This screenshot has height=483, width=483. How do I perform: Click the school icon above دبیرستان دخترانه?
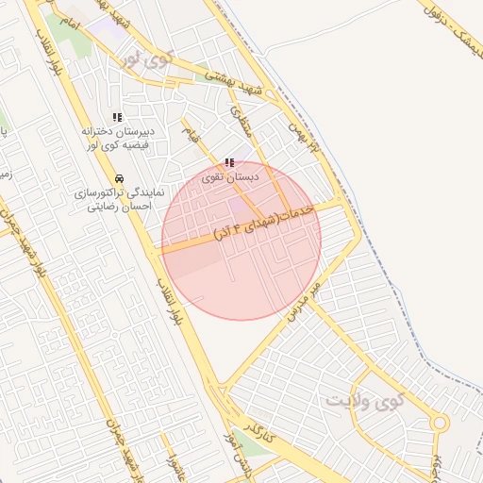[x=117, y=117]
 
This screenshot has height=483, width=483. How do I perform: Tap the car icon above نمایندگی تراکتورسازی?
[x=119, y=177]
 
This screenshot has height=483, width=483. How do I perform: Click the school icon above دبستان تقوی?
[x=229, y=163]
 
